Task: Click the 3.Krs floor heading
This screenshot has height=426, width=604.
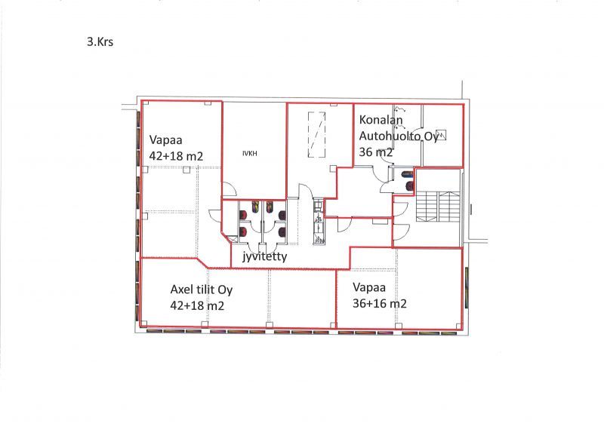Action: (100, 41)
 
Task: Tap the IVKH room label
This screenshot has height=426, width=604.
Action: (250, 153)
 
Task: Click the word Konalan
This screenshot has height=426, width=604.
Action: (381, 120)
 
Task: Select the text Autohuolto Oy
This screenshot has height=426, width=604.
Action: (399, 136)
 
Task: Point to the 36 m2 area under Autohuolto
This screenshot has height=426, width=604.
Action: (376, 152)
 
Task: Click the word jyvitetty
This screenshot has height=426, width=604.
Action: (265, 256)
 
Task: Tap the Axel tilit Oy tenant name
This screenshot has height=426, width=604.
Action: (202, 290)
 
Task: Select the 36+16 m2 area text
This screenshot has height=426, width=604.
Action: (380, 303)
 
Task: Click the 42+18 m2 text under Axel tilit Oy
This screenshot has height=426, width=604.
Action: (197, 305)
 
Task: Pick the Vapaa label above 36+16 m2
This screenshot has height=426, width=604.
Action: (369, 287)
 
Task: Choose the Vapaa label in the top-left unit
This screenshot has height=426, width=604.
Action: (165, 139)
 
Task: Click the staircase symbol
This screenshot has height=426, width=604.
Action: (439, 207)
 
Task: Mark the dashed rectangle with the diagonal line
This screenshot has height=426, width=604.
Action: (316, 134)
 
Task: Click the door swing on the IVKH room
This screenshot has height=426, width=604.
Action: (230, 188)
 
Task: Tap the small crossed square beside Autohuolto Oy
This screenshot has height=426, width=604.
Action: (441, 135)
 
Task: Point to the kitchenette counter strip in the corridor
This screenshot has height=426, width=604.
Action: (319, 222)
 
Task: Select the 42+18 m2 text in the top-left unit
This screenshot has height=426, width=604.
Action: (176, 156)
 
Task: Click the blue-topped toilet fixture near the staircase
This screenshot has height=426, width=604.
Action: (407, 174)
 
